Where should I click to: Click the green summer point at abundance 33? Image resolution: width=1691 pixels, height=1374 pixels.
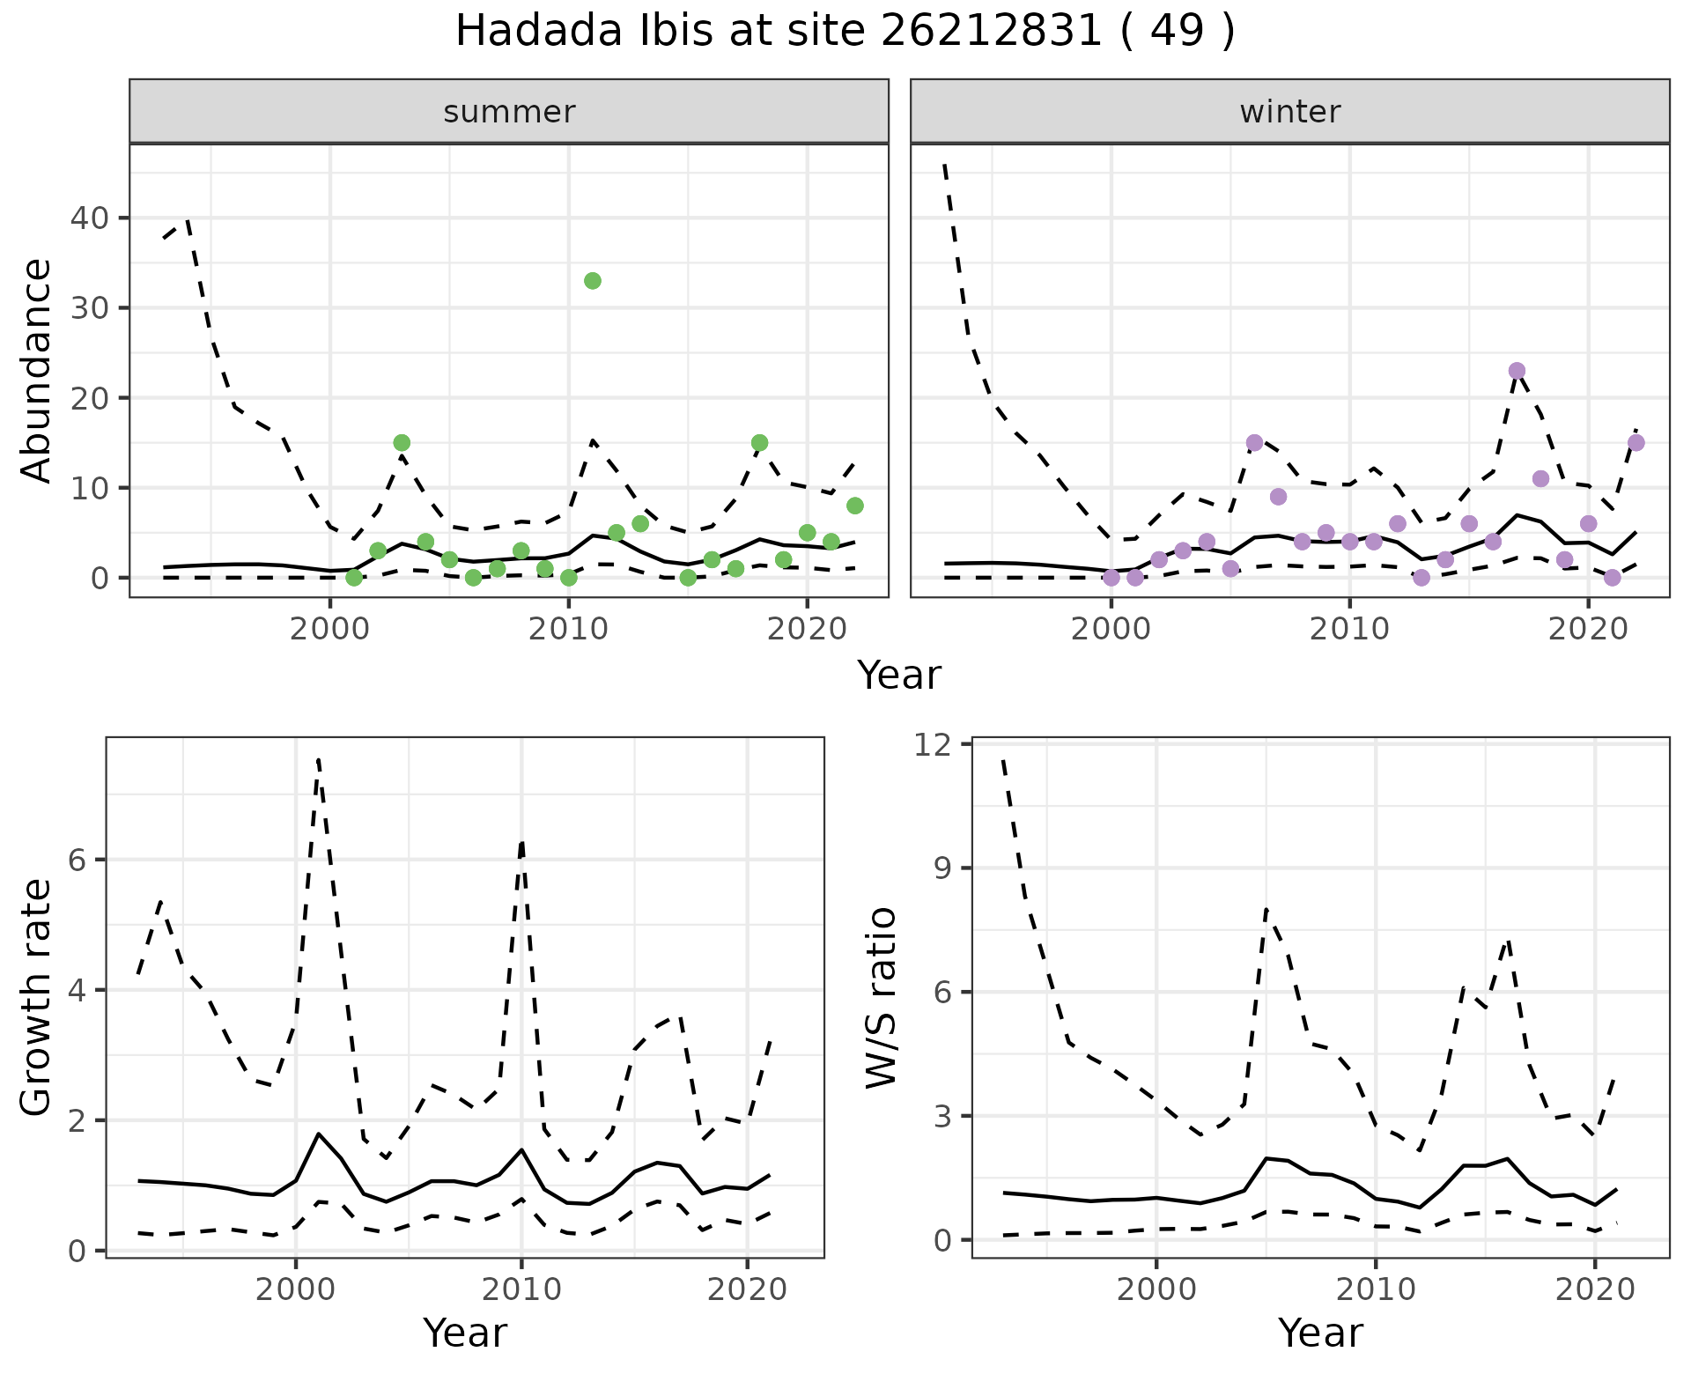coord(593,281)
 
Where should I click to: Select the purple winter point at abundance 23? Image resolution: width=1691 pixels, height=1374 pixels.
coord(1517,371)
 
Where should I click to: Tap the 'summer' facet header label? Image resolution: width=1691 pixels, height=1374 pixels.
coord(509,112)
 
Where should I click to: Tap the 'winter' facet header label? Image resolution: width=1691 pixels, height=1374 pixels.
coord(1290,112)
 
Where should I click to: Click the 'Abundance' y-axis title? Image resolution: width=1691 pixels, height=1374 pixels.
coord(37,371)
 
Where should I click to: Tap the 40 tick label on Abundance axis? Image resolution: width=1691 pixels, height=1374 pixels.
coord(88,218)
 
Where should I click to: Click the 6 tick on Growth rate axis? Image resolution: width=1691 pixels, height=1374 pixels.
coord(78,861)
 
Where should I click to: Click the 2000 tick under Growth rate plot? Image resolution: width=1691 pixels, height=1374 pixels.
coord(294,1290)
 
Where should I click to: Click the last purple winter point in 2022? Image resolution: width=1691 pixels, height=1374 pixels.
coord(1636,443)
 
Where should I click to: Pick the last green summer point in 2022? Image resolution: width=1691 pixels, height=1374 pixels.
coord(854,506)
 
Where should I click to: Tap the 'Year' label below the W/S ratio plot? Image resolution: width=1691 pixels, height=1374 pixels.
coord(1320,1333)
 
